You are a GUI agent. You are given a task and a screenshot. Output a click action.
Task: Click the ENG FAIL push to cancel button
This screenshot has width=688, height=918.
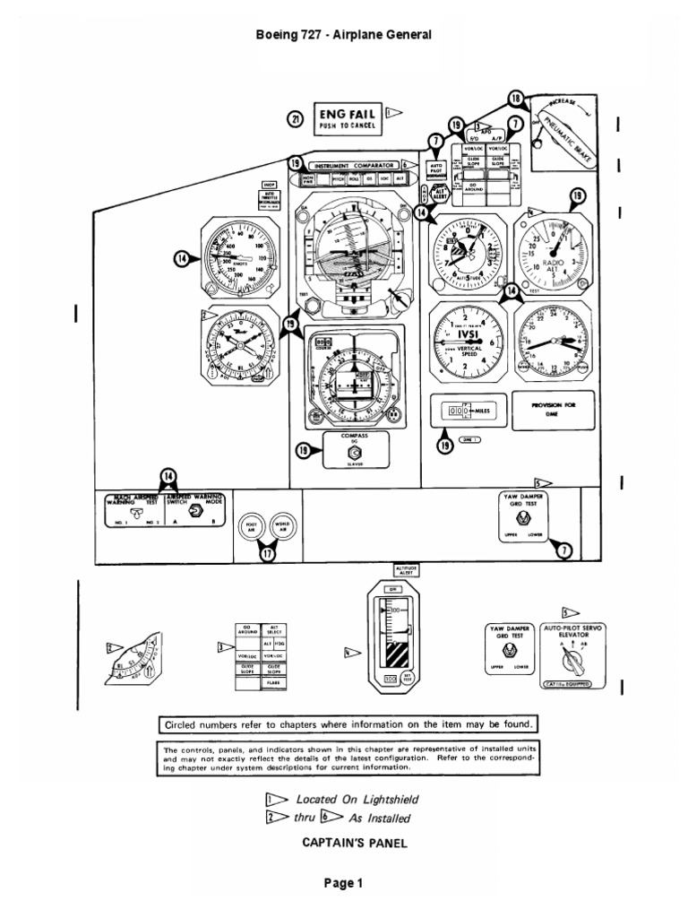(x=347, y=118)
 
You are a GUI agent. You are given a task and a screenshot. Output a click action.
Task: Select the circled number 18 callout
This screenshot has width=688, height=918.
(x=515, y=99)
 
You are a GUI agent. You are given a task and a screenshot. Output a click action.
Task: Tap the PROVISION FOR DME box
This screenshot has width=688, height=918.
(x=552, y=409)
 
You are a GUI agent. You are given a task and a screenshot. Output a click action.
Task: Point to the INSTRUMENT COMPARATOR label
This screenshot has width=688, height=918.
(x=355, y=165)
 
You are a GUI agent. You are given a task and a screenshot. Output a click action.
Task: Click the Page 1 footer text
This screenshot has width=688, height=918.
(x=344, y=883)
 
